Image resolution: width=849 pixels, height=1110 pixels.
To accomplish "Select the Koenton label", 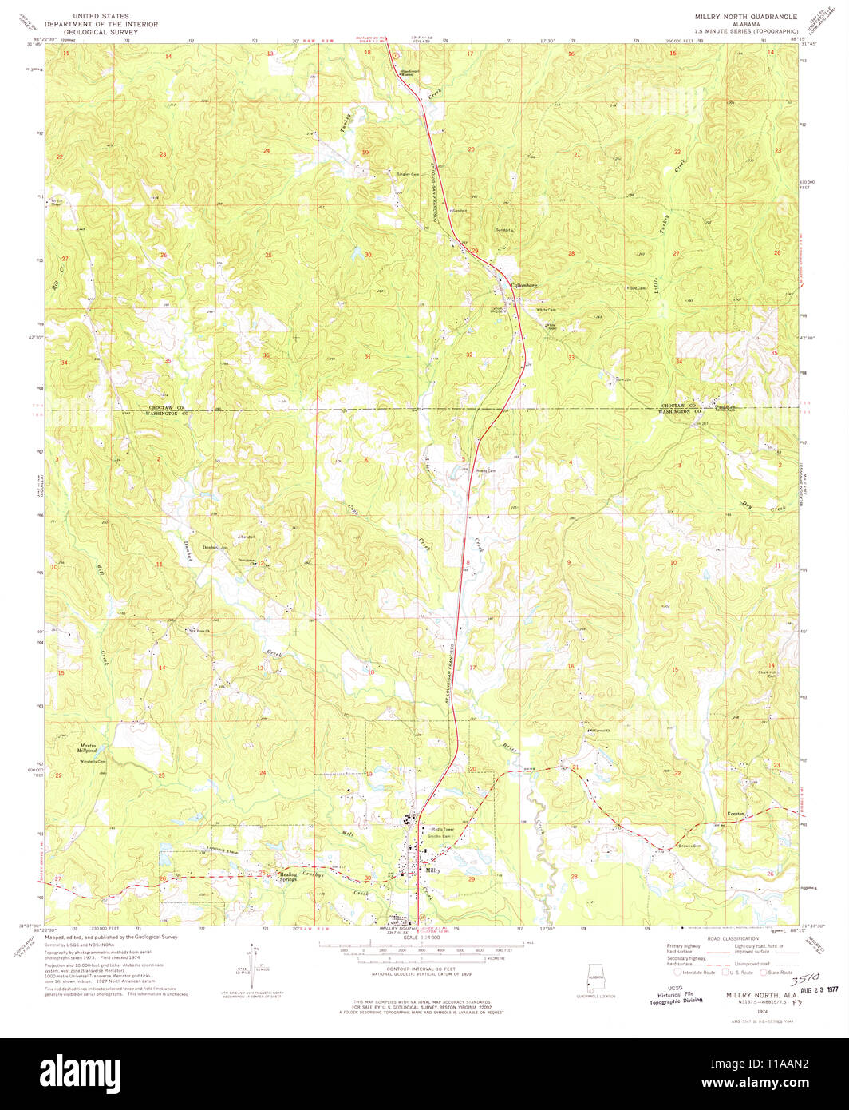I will tap(736, 814).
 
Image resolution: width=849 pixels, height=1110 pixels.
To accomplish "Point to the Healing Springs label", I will tap(287, 876).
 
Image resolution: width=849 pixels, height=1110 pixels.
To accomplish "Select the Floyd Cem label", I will tap(635, 288).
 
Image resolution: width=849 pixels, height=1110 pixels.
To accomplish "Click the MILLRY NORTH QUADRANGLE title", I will tap(745, 16).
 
